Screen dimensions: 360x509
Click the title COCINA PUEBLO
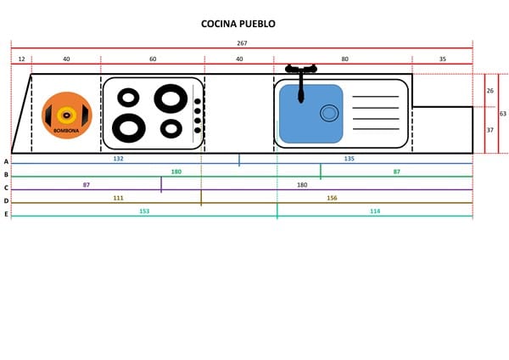point(238,24)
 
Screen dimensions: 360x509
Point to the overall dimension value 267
point(242,42)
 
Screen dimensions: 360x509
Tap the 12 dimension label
point(21,59)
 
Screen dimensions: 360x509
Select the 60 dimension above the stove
point(153,59)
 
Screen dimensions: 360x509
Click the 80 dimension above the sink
point(344,59)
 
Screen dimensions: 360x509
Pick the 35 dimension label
point(443,59)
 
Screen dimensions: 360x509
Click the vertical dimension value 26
point(490,90)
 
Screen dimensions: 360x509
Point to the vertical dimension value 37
point(490,130)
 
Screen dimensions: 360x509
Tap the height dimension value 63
point(502,113)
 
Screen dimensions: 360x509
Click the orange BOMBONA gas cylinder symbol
point(66,115)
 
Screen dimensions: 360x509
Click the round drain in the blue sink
point(328,113)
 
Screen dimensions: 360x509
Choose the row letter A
point(6,161)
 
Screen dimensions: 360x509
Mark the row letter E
point(6,214)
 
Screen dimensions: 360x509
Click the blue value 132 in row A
point(119,159)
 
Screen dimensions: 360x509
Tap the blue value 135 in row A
point(349,159)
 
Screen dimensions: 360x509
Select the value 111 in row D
point(119,198)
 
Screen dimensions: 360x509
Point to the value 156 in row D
point(332,198)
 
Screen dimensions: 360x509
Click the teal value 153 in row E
point(144,211)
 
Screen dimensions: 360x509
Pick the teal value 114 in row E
point(375,211)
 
